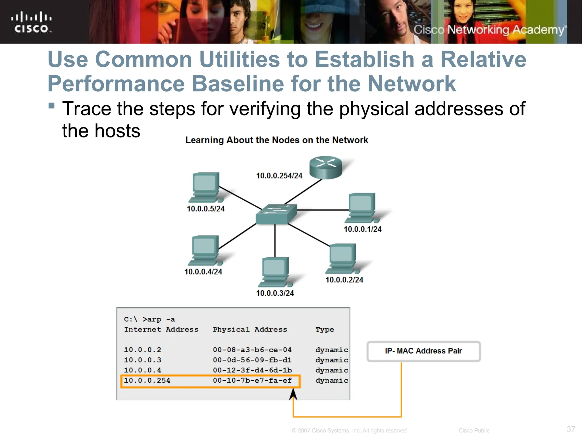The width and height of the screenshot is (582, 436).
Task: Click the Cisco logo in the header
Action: pos(31,22)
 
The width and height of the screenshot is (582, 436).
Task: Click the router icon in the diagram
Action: pos(325,167)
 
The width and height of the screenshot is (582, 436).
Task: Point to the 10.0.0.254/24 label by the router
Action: pos(279,176)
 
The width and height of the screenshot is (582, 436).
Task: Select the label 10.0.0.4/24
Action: pos(203,272)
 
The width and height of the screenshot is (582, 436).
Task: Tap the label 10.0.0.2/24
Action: pos(344,280)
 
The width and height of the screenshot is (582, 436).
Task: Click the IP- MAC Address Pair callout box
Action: pos(423,351)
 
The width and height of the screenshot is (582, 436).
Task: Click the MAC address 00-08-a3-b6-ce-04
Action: pos(252,350)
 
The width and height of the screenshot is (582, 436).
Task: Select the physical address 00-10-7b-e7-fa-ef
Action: pos(252,380)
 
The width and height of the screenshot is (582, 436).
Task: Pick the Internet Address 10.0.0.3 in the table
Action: pos(142,360)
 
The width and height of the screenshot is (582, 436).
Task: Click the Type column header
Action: pos(325,330)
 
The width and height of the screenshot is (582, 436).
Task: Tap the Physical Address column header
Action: pos(250,330)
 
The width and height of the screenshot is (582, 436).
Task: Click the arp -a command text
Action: pos(159,319)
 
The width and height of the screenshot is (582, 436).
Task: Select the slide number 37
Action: pos(571,429)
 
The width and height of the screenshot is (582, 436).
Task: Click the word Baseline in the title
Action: pos(238,84)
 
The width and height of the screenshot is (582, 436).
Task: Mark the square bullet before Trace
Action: pos(51,106)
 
